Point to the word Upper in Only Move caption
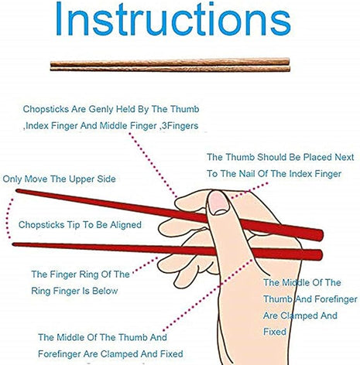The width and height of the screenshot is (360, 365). pos(79,179)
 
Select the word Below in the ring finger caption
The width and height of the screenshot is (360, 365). pos(105,291)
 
